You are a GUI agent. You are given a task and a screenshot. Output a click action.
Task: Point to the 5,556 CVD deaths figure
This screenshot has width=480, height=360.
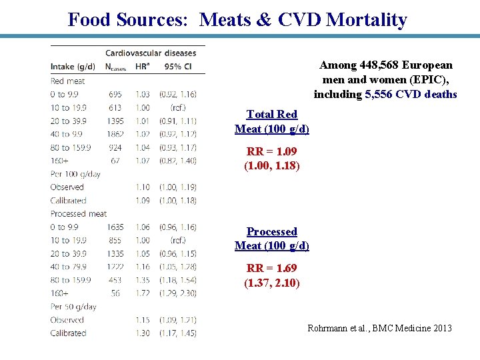(411, 95)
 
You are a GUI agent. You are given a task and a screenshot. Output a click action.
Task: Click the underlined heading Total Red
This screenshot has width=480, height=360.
(271, 115)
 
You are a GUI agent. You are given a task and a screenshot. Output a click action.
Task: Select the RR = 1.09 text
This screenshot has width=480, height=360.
(271, 151)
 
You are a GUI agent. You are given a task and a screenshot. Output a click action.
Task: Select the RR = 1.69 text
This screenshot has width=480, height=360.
(271, 268)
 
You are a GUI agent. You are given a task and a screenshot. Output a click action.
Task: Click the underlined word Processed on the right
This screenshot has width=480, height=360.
(271, 232)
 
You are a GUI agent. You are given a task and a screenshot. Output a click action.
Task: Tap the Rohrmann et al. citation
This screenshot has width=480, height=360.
(379, 328)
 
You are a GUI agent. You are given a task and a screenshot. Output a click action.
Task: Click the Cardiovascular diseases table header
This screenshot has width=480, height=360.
(151, 53)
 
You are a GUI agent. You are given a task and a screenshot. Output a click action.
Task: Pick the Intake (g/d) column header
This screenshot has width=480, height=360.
(73, 67)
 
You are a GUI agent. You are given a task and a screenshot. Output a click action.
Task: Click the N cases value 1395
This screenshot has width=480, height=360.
(115, 121)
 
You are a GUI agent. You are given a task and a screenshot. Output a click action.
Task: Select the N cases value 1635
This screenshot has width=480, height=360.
(115, 227)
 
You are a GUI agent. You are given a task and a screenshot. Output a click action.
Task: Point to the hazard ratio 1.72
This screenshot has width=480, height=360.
(143, 293)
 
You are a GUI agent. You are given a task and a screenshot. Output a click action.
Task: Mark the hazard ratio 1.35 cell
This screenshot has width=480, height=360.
(143, 280)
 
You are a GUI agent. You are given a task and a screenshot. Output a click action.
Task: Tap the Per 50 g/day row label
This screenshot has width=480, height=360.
(73, 307)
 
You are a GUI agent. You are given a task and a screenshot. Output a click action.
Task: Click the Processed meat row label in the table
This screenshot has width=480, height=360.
(79, 214)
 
